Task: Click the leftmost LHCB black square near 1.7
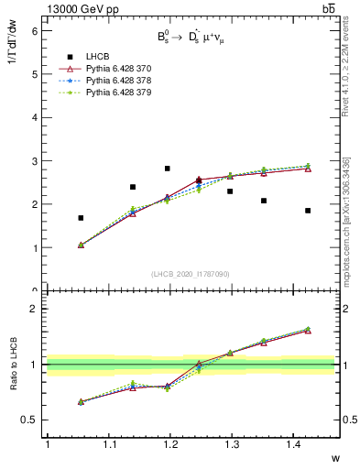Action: (81, 218)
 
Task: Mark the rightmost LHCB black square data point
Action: (308, 211)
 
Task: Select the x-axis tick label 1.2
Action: (169, 444)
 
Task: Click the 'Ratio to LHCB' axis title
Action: (14, 364)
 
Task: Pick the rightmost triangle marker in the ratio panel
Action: (308, 331)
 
